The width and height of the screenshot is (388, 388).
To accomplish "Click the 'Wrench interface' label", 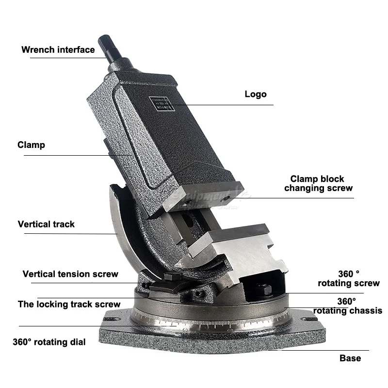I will [58, 49].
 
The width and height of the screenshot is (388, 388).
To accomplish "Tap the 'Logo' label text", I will [255, 94].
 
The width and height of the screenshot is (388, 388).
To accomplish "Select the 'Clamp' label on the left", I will [31, 145].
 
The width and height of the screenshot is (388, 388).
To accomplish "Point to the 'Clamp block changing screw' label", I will [318, 183].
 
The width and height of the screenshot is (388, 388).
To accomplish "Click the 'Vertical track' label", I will [46, 224].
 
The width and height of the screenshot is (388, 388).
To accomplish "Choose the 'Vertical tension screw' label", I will [70, 274].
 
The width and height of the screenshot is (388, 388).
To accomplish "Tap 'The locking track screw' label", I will [69, 305].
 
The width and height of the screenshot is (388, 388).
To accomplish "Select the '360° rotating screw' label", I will [349, 278].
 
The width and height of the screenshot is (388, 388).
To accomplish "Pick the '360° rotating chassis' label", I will [348, 306].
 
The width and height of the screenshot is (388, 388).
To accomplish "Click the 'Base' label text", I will [350, 358].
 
